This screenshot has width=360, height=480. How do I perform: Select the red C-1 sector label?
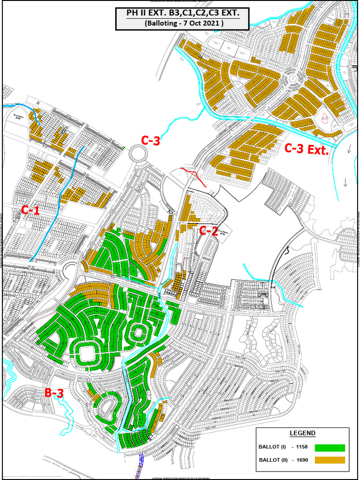tap(30, 210)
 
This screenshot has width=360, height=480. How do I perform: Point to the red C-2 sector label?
tap(210, 230)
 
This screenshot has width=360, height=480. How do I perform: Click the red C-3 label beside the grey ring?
tap(151, 140)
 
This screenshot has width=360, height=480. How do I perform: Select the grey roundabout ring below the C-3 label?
tap(138, 153)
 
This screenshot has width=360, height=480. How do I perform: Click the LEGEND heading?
tap(303, 433)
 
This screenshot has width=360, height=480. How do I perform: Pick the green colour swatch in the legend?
tap(330, 448)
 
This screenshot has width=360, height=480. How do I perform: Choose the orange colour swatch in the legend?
tap(330, 460)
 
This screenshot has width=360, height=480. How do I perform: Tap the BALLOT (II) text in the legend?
tap(273, 460)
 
